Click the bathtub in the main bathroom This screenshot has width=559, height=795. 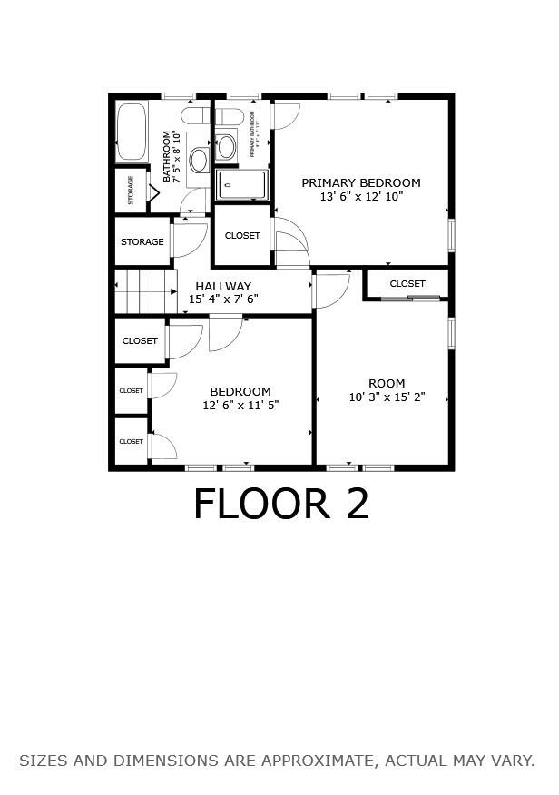[x=132, y=132]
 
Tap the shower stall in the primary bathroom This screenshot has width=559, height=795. [x=242, y=184]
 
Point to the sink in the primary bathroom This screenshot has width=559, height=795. [x=225, y=145]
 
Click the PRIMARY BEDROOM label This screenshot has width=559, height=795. [x=361, y=182]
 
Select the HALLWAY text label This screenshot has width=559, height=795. [x=223, y=286]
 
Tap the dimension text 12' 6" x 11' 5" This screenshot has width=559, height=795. [x=240, y=406]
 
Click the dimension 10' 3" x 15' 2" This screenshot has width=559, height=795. [x=387, y=397]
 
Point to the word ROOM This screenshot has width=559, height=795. [x=387, y=383]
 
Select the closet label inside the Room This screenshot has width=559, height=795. [x=407, y=284]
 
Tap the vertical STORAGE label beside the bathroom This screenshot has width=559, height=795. [x=132, y=190]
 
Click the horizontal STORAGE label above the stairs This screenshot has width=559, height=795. [x=142, y=242]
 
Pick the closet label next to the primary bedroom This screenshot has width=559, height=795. [x=242, y=236]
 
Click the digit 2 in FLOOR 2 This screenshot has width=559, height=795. [x=358, y=505]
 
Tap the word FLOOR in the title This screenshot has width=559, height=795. [x=261, y=505]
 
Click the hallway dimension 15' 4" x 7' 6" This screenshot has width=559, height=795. [x=223, y=299]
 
